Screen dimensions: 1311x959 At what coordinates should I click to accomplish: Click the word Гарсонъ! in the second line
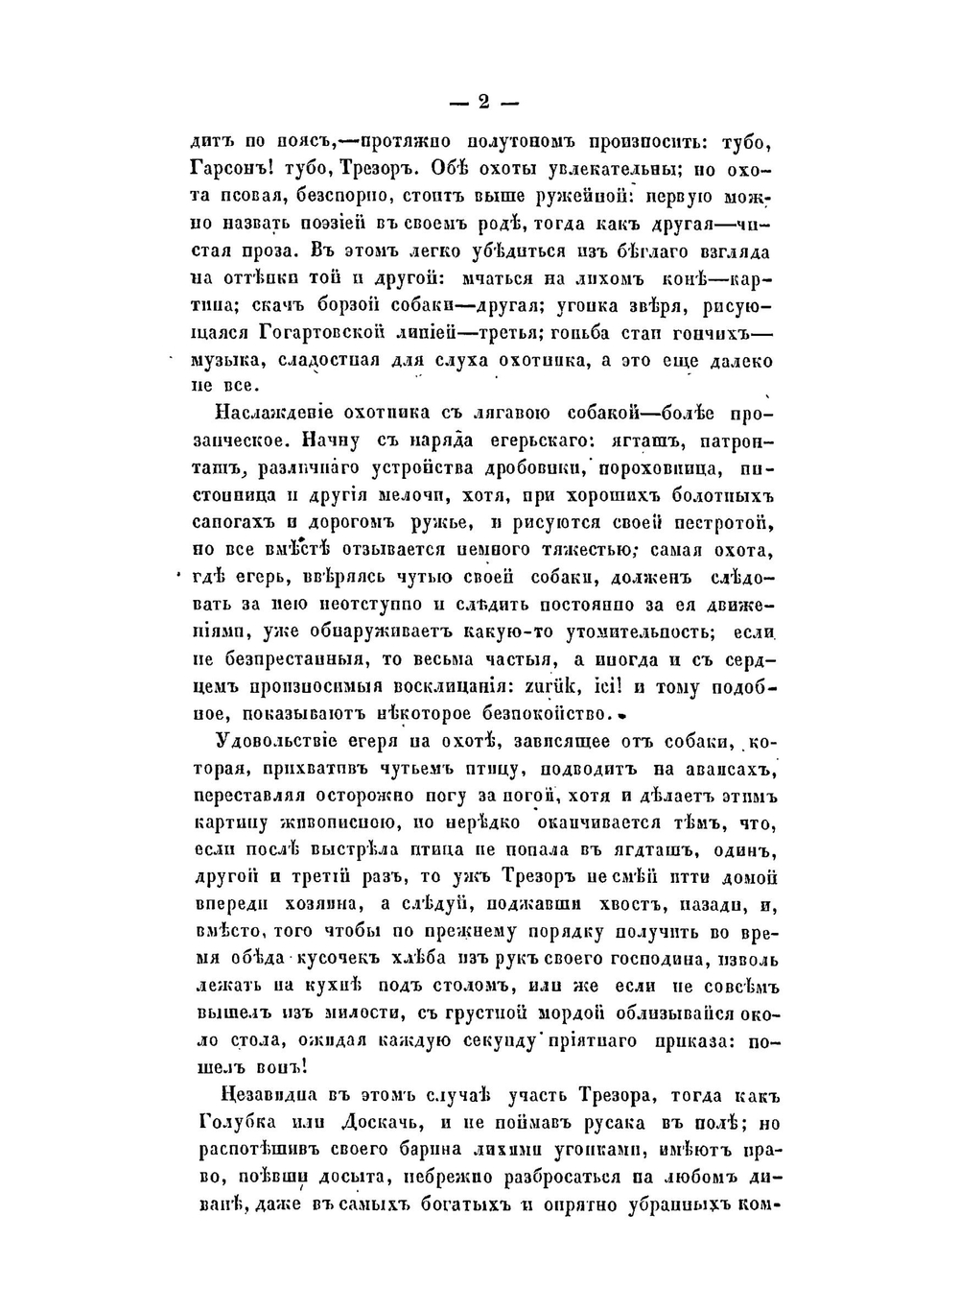(x=233, y=169)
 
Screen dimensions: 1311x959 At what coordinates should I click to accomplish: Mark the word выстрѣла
(x=356, y=850)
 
